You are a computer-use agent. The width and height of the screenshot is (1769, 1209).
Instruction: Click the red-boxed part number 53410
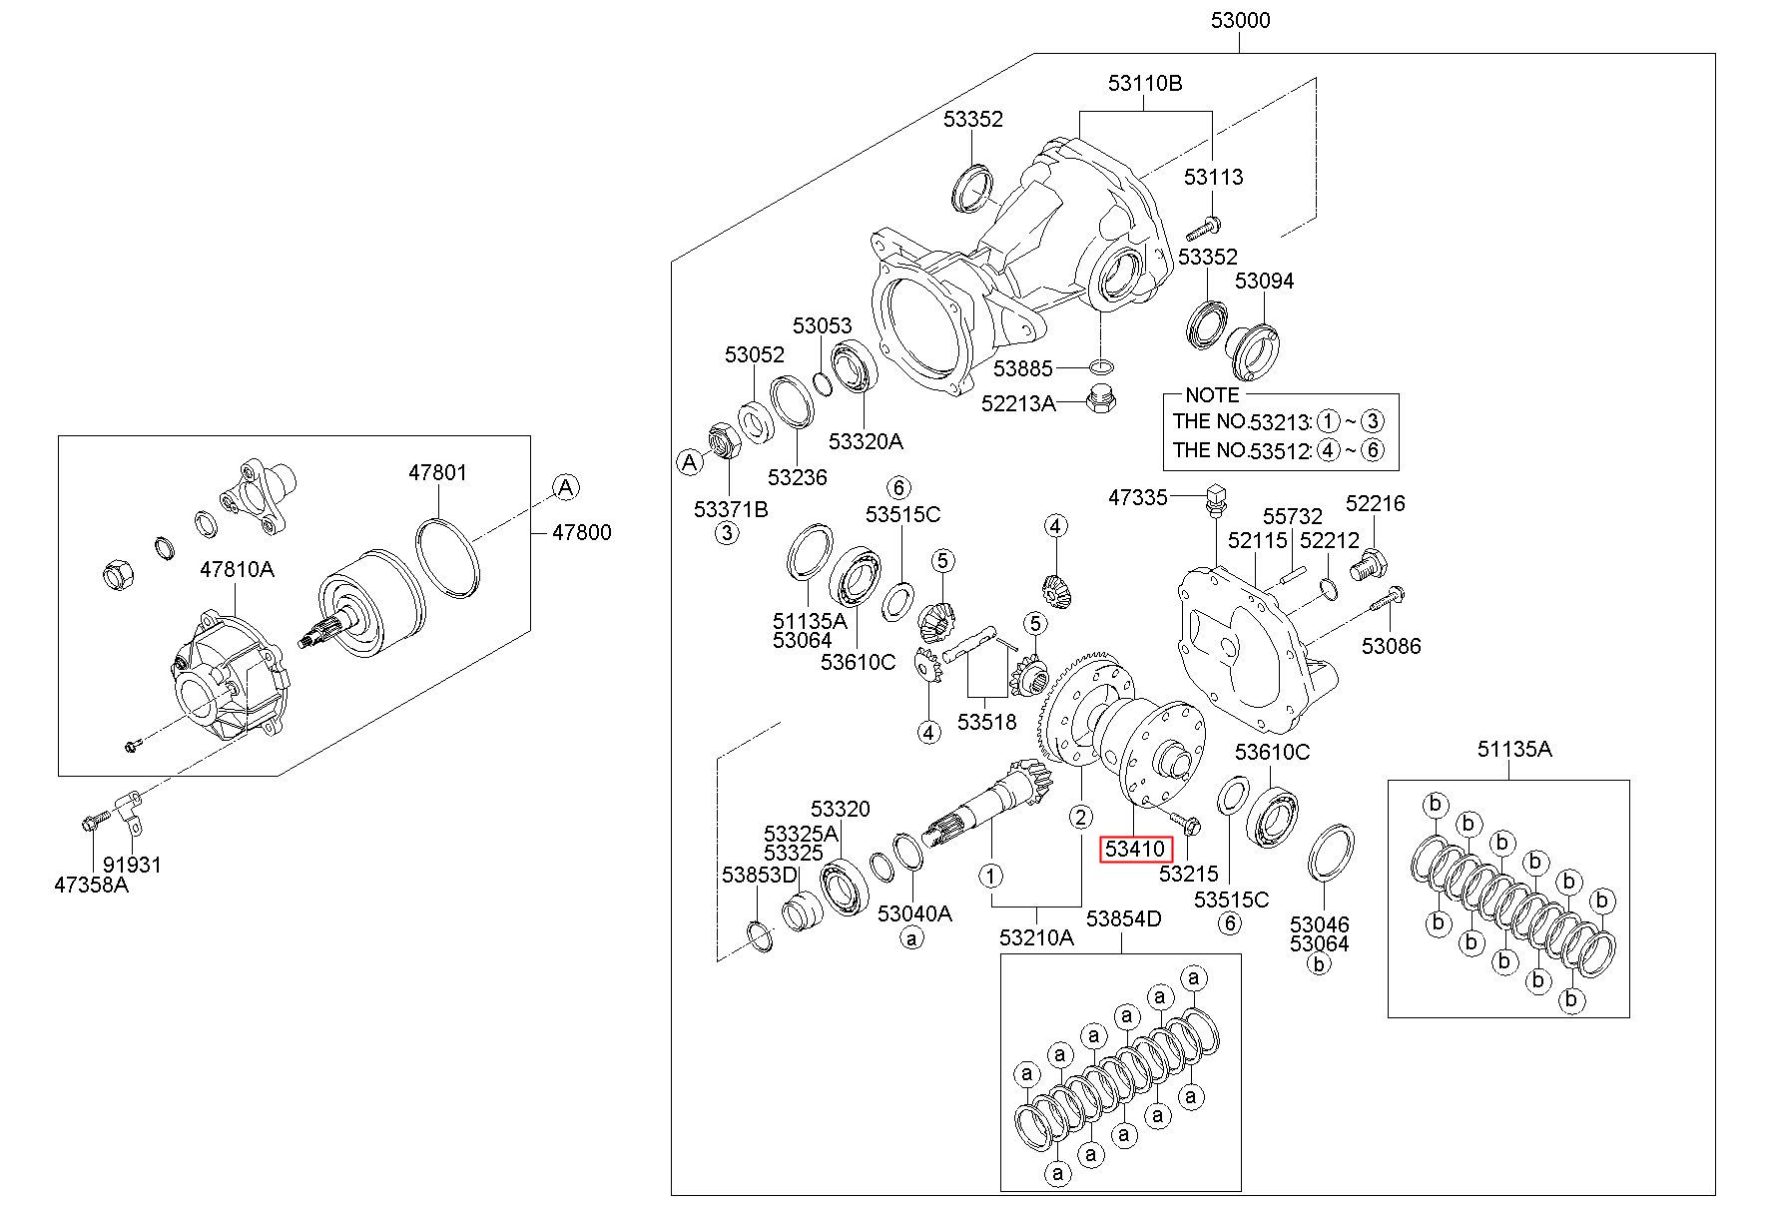(x=1134, y=850)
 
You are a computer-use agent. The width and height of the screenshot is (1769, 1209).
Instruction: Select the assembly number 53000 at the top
(x=1240, y=20)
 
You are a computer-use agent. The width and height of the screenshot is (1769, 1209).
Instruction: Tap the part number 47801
(x=436, y=472)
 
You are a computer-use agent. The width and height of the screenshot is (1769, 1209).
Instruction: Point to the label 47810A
(x=237, y=569)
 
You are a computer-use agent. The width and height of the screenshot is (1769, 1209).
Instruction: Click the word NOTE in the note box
(x=1211, y=395)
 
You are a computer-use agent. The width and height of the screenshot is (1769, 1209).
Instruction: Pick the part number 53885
(x=1023, y=369)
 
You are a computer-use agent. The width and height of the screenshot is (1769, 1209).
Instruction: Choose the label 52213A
(x=1018, y=403)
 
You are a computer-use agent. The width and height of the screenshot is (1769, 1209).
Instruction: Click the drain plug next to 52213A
(x=1100, y=398)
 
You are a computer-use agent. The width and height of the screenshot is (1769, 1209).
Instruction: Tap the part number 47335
(x=1138, y=496)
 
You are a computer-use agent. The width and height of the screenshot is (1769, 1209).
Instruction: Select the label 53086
(x=1391, y=646)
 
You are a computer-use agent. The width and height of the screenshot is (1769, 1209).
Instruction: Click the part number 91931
(x=131, y=865)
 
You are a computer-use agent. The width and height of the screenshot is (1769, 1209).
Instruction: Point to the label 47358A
(x=92, y=885)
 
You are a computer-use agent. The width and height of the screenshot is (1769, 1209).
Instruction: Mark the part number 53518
(x=986, y=721)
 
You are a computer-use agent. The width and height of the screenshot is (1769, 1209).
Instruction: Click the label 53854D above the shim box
(x=1124, y=918)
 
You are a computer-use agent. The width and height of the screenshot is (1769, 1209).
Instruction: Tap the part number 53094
(x=1264, y=281)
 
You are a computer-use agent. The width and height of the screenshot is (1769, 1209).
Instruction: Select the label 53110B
(x=1145, y=83)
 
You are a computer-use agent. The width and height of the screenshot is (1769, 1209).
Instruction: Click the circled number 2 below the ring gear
(x=1081, y=817)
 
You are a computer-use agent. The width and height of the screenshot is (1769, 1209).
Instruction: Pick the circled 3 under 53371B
(x=727, y=533)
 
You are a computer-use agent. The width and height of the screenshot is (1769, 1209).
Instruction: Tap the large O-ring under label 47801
(x=447, y=558)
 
